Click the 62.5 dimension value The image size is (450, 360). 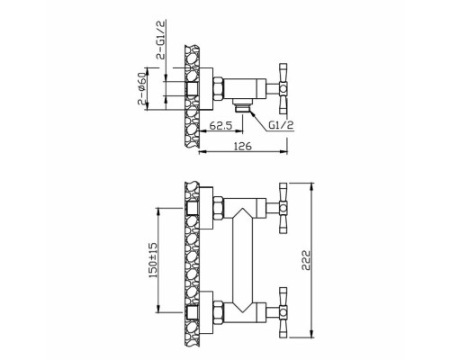pyautogui.click(x=221, y=125)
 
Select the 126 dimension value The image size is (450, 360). pyautogui.click(x=243, y=147)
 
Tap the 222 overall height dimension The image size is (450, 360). pyautogui.click(x=306, y=260)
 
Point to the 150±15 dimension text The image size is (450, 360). pyautogui.click(x=153, y=260)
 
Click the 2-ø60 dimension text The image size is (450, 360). pyautogui.click(x=142, y=88)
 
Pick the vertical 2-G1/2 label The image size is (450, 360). pyautogui.click(x=162, y=40)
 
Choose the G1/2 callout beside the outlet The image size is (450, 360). pyautogui.click(x=281, y=125)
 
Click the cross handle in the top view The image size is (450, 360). pyautogui.click(x=283, y=89)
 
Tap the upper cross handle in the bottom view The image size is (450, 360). pyautogui.click(x=283, y=208)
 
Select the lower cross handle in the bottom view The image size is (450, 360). pyautogui.click(x=283, y=312)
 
